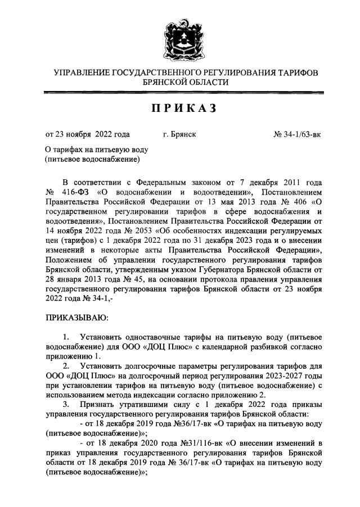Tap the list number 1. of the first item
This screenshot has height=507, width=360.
(x=67, y=337)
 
